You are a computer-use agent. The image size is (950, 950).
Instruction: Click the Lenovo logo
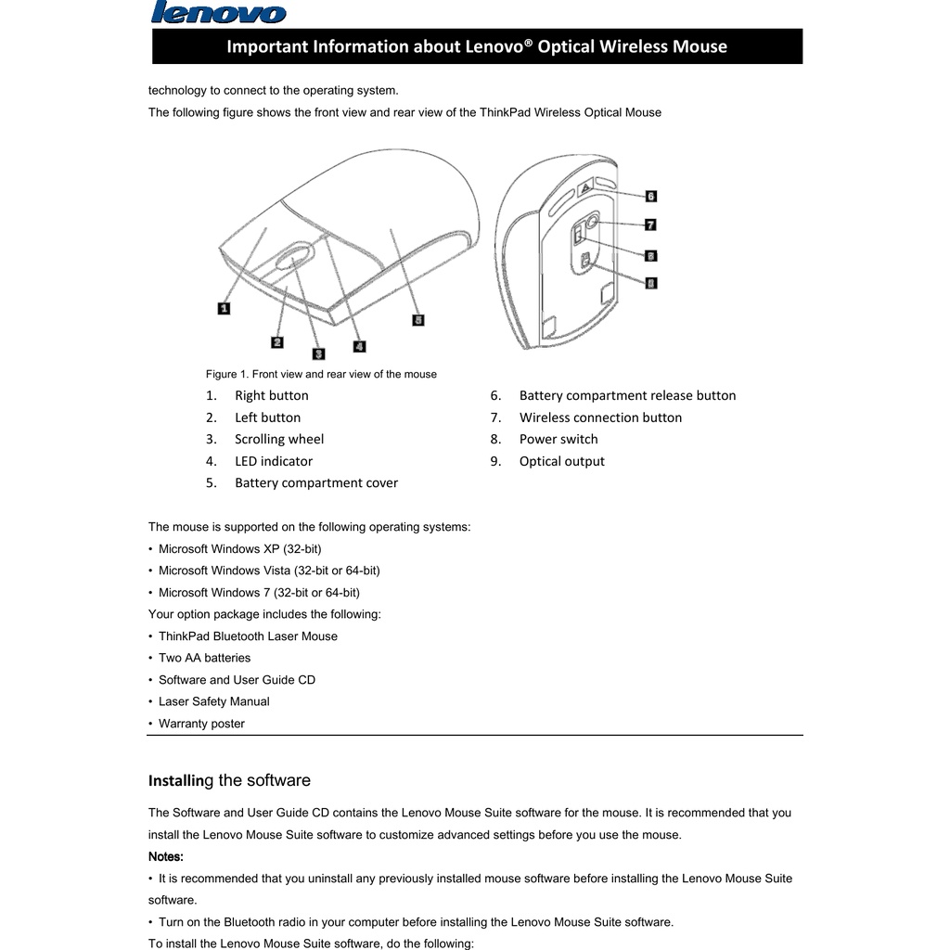click(219, 13)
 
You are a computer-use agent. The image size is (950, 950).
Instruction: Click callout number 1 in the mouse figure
click(224, 307)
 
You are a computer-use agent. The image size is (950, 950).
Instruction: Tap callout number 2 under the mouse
click(276, 342)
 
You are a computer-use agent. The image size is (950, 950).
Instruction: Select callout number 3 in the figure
click(318, 353)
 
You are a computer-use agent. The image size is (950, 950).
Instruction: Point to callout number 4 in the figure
click(359, 346)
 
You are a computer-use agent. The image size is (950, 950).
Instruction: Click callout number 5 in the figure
click(418, 320)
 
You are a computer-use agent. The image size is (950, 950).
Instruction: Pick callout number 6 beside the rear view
click(650, 196)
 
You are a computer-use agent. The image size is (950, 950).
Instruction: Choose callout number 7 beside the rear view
click(650, 225)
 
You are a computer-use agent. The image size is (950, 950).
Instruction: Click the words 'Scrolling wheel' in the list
click(279, 439)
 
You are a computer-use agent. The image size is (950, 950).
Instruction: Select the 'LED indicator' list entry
click(274, 461)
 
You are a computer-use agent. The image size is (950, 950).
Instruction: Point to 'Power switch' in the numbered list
click(558, 439)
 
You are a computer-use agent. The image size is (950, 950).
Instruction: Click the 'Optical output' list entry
click(561, 461)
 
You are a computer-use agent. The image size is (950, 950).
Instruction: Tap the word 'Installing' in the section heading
click(180, 780)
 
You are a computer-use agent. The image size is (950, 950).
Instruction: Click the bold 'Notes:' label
click(166, 856)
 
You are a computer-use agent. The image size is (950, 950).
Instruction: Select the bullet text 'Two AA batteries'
click(204, 658)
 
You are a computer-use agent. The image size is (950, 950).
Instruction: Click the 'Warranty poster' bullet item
click(201, 724)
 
